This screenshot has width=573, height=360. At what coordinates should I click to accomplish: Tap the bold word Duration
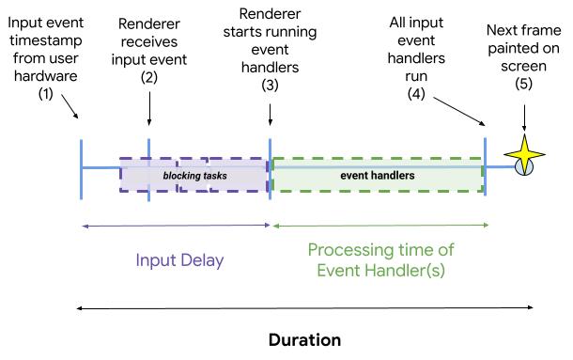coord(304,339)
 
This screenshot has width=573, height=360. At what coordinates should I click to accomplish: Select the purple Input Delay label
coord(179,260)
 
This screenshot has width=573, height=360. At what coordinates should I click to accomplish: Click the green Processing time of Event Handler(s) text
coord(380,260)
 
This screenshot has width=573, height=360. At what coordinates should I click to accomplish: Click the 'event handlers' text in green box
coord(377,175)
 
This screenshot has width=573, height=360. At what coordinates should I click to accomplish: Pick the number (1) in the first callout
coord(44,95)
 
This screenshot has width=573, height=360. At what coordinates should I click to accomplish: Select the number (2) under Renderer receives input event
coord(148,77)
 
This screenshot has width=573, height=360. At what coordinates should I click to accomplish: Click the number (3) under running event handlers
coord(271,83)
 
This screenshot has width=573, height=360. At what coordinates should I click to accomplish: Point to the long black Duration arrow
coord(304,307)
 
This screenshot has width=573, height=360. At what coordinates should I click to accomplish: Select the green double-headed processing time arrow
coord(380,226)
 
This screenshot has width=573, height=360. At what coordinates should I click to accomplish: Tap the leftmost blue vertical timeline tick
coord(82,167)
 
